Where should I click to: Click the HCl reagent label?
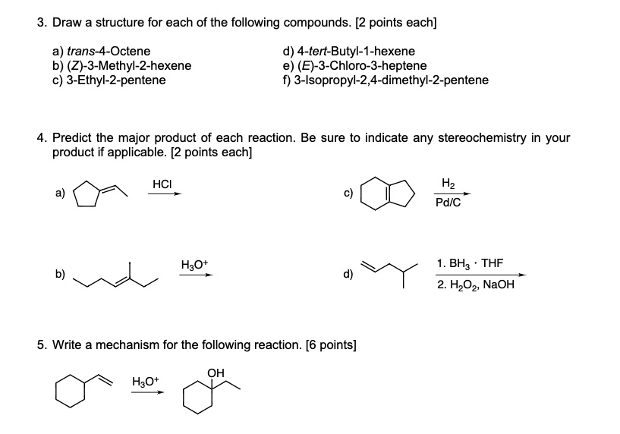click(x=162, y=184)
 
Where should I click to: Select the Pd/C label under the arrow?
click(x=448, y=203)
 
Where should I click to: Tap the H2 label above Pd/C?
click(x=448, y=183)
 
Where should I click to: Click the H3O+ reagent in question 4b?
click(x=196, y=264)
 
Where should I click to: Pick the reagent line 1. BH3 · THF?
click(x=470, y=264)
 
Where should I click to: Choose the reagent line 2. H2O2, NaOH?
click(x=476, y=285)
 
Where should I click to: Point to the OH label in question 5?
click(x=216, y=373)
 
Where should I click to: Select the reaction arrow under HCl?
click(x=165, y=194)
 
